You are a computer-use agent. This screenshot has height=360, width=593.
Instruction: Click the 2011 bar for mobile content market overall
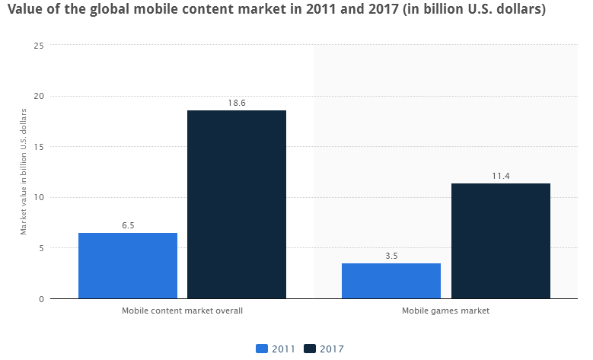[128, 266]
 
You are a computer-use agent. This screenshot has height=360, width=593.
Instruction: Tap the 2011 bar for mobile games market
[391, 281]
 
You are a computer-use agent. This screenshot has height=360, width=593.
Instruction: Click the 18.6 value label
[237, 102]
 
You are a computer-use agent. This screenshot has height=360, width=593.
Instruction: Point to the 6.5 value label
[128, 225]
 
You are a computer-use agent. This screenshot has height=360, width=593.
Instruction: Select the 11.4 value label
[501, 175]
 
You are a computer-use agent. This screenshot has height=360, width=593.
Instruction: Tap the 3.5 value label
[391, 255]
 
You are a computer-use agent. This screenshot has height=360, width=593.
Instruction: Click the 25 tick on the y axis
[39, 46]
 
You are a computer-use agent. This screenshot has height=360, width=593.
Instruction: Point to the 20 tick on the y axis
[39, 96]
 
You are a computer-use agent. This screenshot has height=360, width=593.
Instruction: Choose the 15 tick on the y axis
[39, 147]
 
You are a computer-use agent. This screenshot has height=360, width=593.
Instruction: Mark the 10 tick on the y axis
[39, 197]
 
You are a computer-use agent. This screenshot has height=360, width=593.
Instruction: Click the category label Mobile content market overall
[182, 311]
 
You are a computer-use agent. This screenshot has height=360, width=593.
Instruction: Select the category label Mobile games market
[446, 311]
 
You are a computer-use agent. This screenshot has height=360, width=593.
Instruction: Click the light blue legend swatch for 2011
[262, 349]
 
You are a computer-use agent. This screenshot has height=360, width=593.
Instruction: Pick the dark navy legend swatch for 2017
[310, 349]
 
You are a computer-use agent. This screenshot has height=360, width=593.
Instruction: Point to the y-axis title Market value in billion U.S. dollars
[24, 171]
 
